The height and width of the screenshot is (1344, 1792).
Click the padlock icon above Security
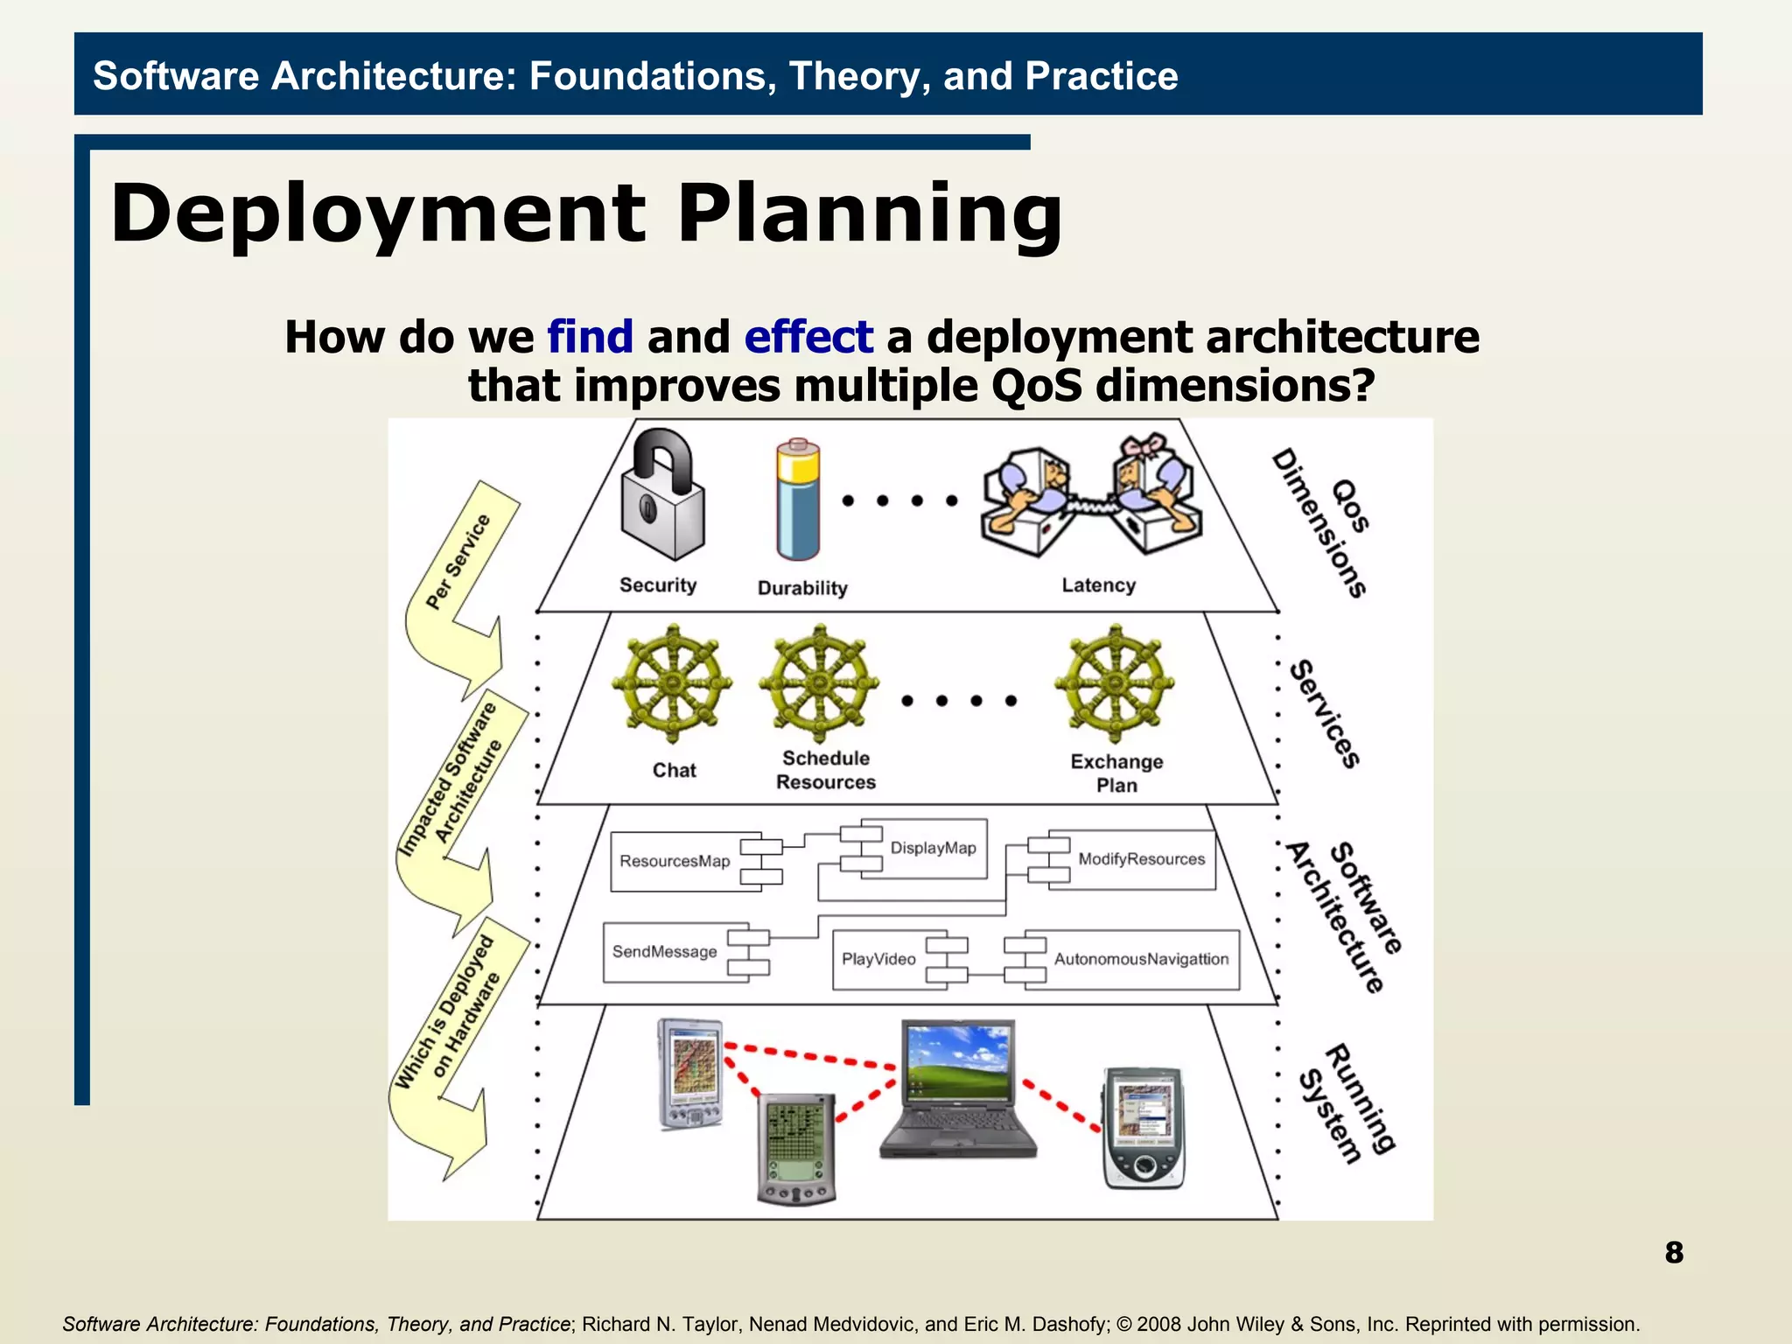point(662,496)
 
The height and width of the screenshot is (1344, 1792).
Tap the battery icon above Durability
point(797,500)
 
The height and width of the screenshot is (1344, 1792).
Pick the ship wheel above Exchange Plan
point(1114,683)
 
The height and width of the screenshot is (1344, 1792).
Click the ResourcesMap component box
point(675,862)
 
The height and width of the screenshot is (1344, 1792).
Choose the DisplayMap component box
point(933,848)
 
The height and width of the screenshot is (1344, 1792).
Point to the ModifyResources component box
point(1141,859)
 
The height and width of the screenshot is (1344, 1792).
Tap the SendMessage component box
point(665,952)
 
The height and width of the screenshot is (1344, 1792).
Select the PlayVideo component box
point(879,959)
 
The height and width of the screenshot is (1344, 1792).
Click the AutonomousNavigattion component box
point(1141,959)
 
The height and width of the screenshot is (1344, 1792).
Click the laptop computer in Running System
point(958,1089)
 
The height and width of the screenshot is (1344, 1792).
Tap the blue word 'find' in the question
point(590,337)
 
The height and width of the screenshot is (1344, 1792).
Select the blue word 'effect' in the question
point(808,337)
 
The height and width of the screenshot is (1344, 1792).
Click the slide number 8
point(1673,1252)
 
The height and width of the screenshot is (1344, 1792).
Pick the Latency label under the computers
point(1098,585)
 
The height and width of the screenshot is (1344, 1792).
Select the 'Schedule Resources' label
point(825,770)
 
